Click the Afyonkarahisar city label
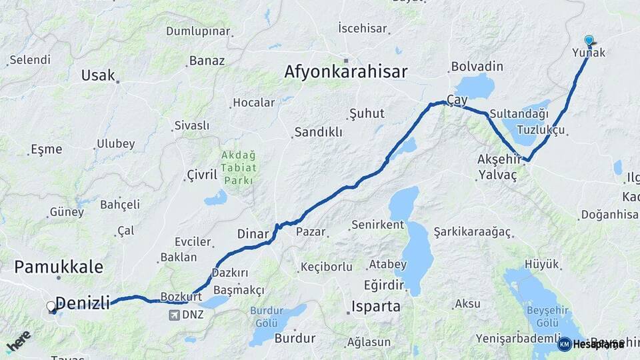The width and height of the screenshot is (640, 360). coord(345,71)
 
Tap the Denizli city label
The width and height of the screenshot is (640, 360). coord(83,303)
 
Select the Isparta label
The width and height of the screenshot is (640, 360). coord(377,307)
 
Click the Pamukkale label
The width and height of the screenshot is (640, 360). coord(59,267)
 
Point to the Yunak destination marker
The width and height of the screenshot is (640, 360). coord(589,41)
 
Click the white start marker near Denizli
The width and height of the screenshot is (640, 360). coord(51,307)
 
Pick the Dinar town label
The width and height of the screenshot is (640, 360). coord(253,234)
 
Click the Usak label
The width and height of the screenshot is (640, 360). coord(98,75)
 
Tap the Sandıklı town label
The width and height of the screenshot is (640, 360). coord(318,132)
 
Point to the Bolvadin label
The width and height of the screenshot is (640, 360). coord(477,67)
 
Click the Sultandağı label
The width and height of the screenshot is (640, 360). coord(518,114)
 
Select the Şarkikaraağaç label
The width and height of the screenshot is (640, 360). coord(472,232)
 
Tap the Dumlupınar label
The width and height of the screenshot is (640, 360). coord(198,31)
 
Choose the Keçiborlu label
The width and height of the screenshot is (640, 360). coord(326,267)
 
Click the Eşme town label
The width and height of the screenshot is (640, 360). coord(46,149)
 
